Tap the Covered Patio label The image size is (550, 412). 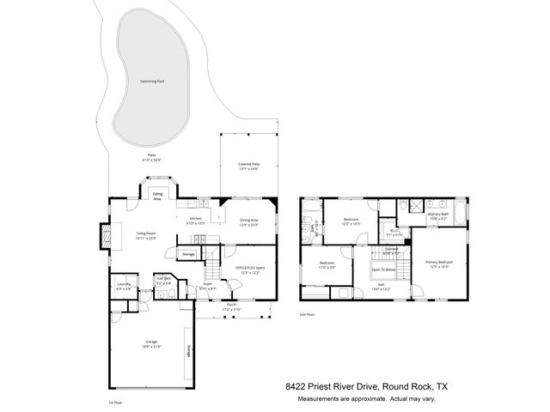[249, 166]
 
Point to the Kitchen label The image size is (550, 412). [196, 220]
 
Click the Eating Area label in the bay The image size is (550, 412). [158, 197]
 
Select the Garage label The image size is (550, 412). [151, 345]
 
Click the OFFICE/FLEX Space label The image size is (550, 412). [249, 270]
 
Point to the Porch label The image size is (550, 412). [231, 306]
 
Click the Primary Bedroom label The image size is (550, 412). [439, 264]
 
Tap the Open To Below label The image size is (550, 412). [383, 270]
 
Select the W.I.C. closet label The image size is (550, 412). [394, 231]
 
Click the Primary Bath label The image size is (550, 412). [440, 215]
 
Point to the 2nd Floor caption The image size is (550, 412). [307, 314]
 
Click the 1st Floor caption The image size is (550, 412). [117, 401]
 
